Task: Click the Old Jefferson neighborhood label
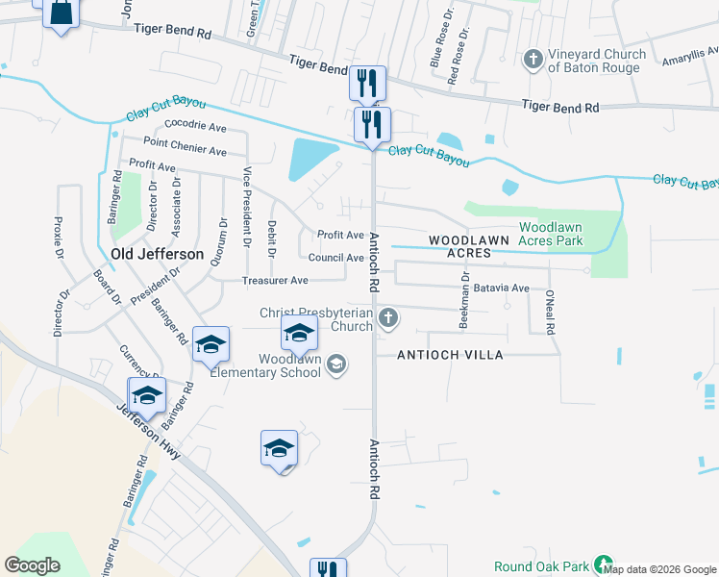158,254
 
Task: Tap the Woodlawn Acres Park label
551,234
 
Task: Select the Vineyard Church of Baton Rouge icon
532,61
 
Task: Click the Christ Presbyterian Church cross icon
387,318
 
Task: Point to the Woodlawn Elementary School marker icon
336,364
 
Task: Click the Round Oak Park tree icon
603,565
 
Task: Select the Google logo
33,565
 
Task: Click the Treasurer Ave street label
275,280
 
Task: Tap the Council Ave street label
335,258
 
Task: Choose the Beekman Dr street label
463,300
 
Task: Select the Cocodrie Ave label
195,126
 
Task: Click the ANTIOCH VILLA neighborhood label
451,355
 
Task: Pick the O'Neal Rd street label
550,312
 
